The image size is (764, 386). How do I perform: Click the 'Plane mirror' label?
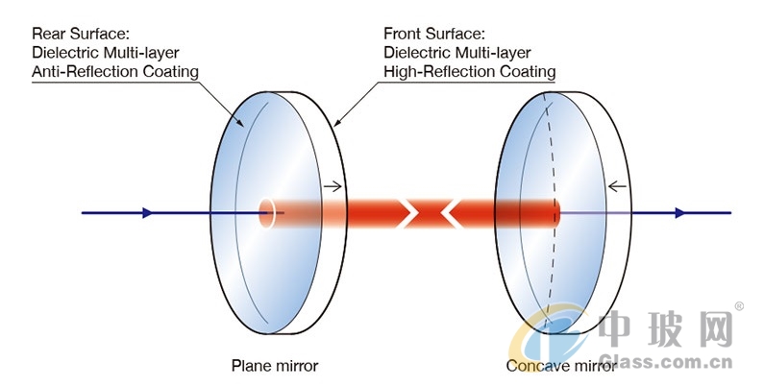(x=275, y=366)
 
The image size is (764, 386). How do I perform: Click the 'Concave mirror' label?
(x=561, y=366)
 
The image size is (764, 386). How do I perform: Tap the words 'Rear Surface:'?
(x=81, y=34)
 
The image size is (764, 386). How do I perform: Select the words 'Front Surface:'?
(x=434, y=34)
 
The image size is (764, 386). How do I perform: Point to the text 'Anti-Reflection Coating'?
(x=115, y=72)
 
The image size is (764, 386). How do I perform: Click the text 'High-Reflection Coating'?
(x=470, y=72)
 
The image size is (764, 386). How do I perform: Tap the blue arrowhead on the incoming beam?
(x=147, y=213)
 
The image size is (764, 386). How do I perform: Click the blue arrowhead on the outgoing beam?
(x=679, y=213)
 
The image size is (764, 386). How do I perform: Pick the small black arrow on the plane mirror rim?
(x=333, y=186)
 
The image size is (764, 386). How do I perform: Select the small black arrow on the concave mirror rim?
(x=617, y=186)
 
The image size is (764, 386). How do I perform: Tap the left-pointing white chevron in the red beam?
(x=451, y=213)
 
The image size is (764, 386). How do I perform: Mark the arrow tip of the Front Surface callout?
(x=335, y=126)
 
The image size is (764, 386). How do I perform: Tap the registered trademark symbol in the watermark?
(x=739, y=306)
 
